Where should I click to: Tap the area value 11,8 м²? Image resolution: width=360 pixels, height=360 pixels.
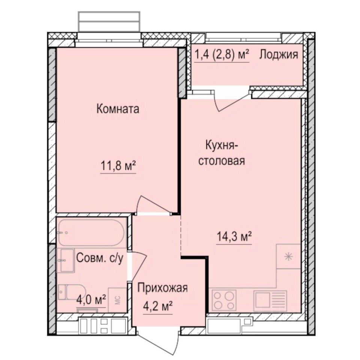point(118,165)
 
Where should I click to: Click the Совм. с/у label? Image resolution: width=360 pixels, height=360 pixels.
point(99,258)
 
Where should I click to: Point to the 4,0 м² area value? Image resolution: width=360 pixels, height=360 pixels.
point(91,300)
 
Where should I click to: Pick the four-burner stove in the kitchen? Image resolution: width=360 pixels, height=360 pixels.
point(225,299)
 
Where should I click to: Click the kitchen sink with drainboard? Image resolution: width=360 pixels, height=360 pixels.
point(270,300)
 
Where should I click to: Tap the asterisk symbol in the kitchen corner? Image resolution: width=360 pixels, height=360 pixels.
point(288,257)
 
